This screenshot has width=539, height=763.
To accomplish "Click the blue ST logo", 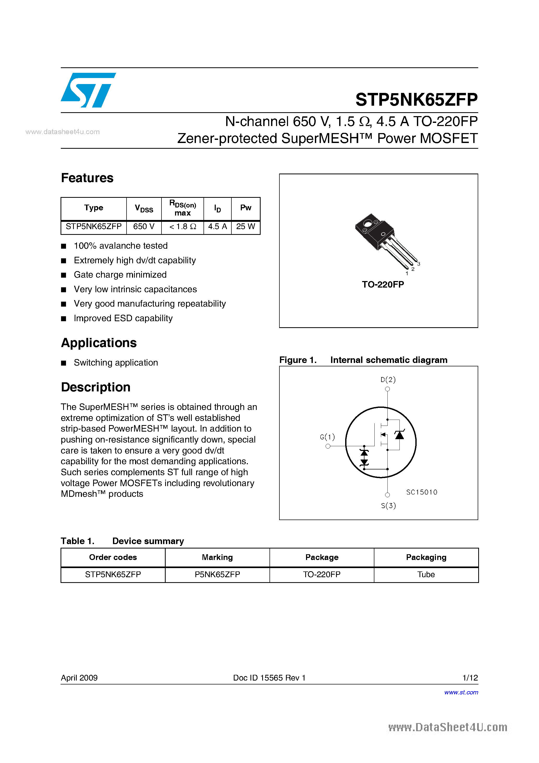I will point(88,90).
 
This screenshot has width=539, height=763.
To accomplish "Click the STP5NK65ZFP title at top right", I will point(416,99).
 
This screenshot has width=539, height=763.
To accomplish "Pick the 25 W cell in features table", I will point(245,227).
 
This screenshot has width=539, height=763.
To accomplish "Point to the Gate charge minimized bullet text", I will point(120,275).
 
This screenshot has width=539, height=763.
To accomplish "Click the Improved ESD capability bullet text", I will point(123,318).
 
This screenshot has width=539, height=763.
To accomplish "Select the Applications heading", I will point(99,343).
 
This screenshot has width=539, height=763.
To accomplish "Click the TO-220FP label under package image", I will point(383,284).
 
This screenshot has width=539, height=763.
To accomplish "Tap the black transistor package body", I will point(374,231).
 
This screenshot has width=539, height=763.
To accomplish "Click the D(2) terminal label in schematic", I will point(388,379).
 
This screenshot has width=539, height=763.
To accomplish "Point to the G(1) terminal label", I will point(327,437).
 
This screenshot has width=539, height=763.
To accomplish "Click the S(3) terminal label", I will point(388,505).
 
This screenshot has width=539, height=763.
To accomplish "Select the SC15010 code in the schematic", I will point(422,492).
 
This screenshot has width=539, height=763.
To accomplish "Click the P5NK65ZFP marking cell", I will point(217,575).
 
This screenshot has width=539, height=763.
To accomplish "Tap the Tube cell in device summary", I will point(426,575).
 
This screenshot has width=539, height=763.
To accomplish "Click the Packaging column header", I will point(426,557).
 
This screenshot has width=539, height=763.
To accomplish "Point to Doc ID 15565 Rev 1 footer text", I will point(269,678).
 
